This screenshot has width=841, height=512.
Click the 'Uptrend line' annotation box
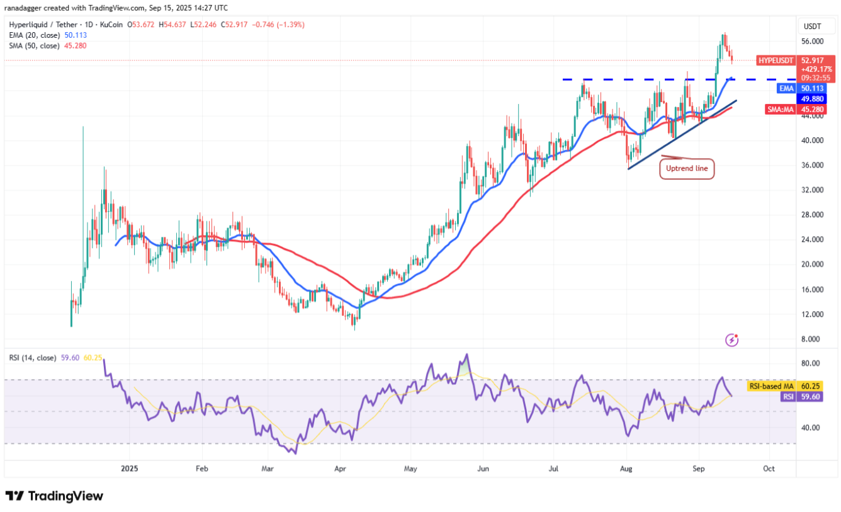coord(687,169)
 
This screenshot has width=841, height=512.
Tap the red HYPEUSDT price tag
coord(776,60)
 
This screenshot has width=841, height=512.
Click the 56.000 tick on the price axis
coord(813,42)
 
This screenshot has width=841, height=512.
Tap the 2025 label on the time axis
coord(130,469)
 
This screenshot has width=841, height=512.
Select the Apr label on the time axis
coord(340,469)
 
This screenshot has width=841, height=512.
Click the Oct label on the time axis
coord(769,469)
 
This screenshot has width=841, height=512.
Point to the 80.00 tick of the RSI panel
coord(811,363)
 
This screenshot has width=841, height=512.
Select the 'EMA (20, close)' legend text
coord(35,35)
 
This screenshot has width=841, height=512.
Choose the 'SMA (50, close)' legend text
coord(35,45)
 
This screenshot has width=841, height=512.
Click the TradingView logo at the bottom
coord(54,496)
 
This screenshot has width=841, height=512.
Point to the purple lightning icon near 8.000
coord(731,340)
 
